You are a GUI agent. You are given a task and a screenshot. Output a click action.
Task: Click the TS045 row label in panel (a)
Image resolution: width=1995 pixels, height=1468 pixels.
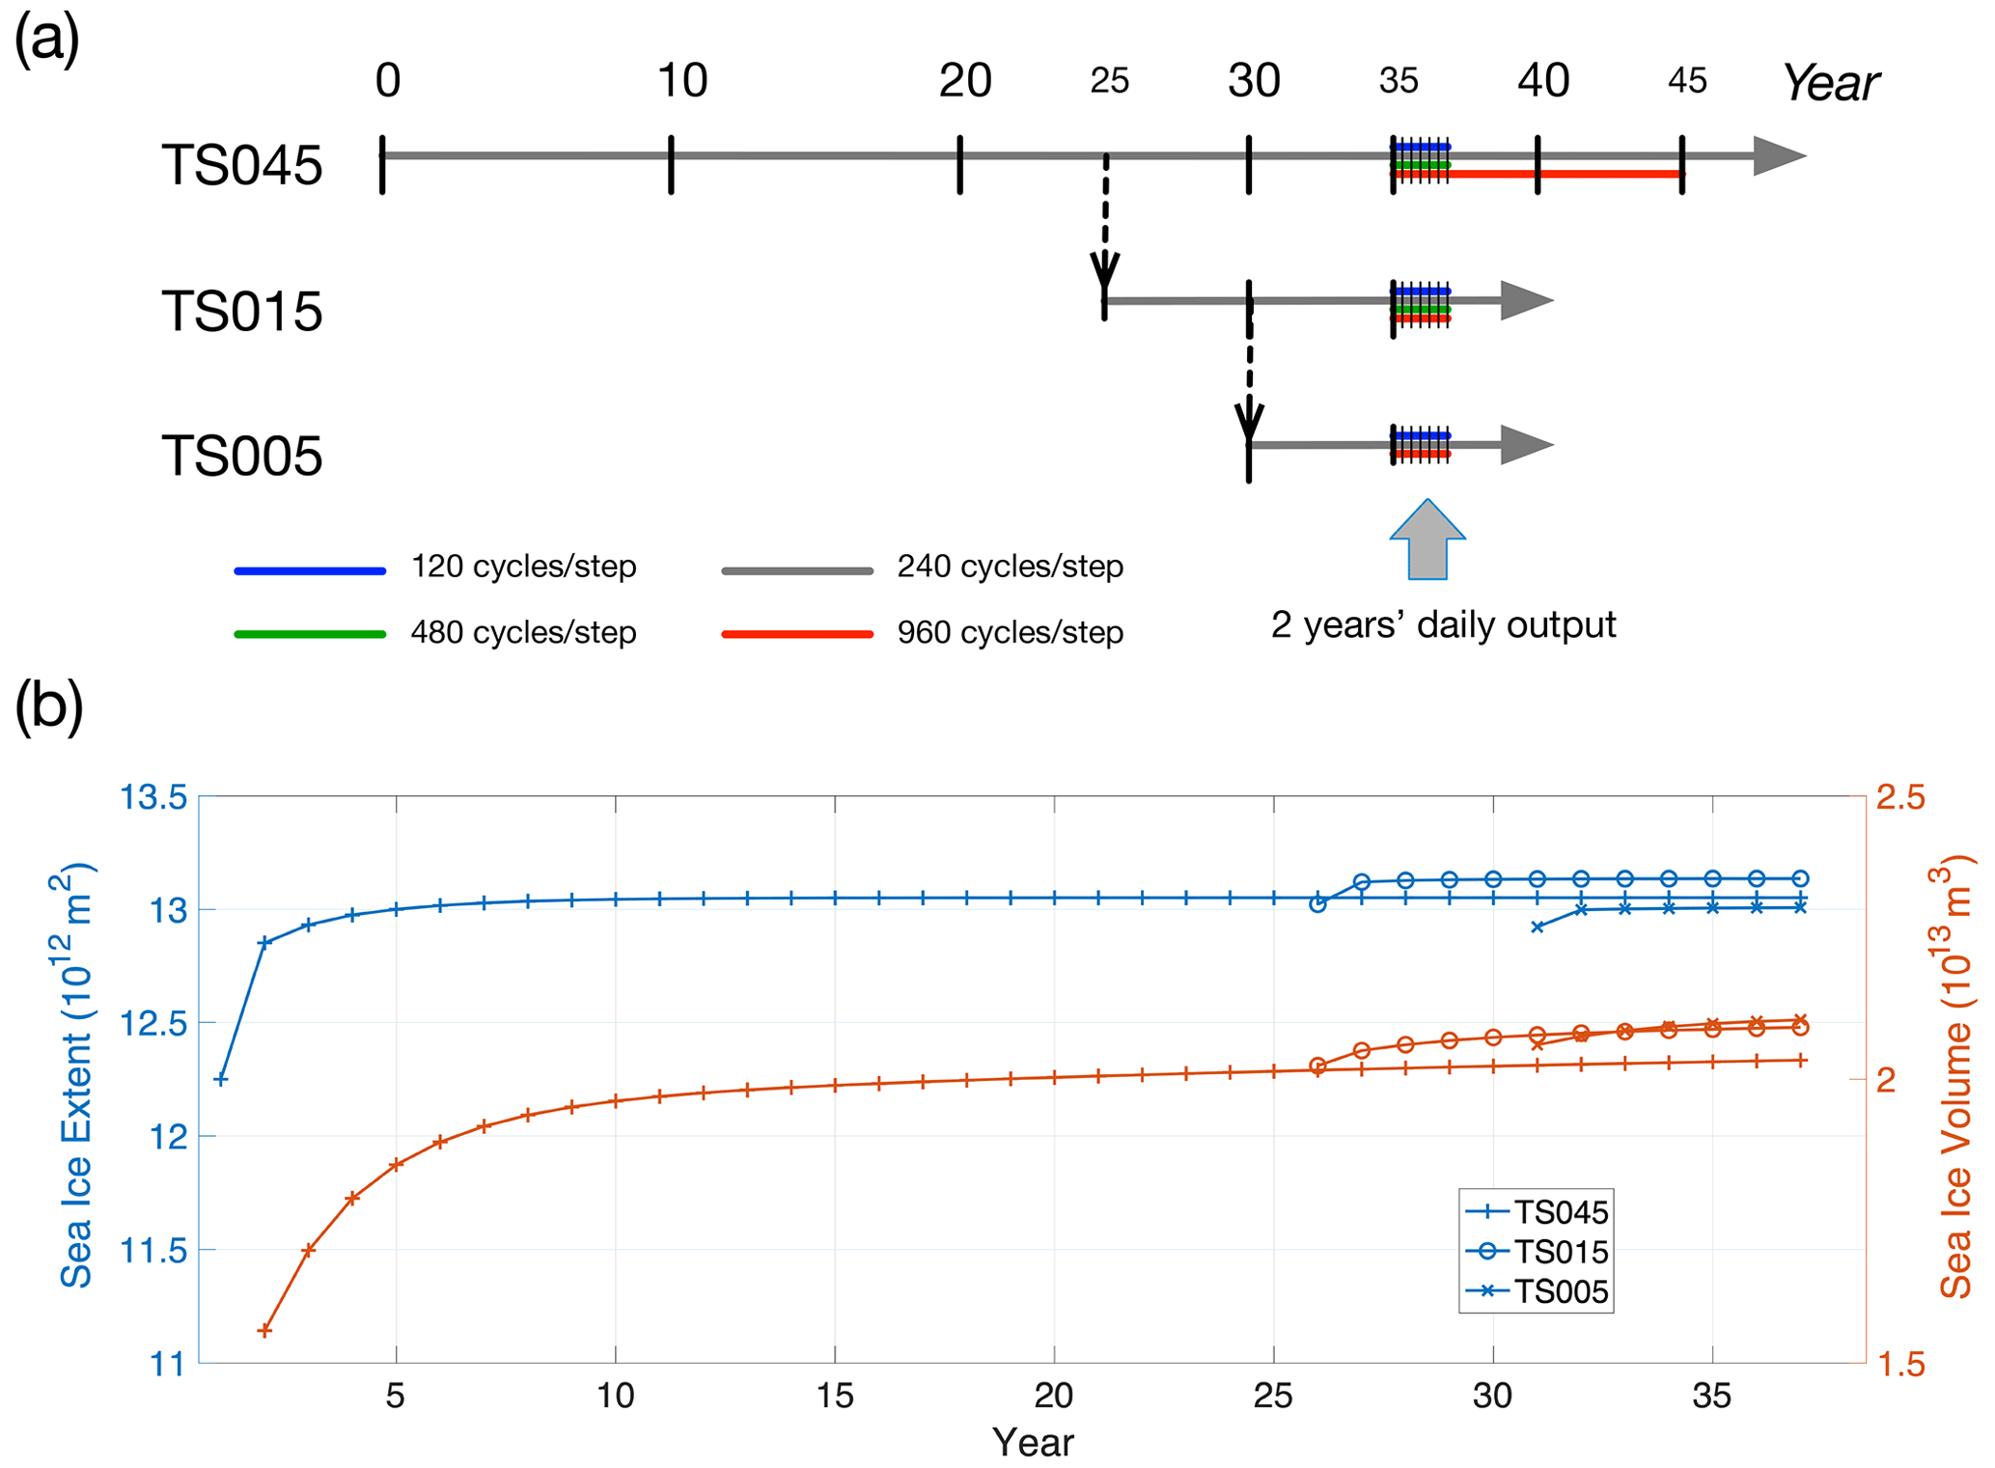point(241,165)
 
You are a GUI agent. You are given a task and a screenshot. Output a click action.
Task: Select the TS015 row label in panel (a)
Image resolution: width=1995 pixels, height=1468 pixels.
point(241,311)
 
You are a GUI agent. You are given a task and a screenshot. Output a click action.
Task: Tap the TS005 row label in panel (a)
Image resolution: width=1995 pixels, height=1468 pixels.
point(241,456)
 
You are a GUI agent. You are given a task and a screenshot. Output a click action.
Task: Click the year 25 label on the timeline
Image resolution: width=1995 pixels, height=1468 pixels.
point(1109,81)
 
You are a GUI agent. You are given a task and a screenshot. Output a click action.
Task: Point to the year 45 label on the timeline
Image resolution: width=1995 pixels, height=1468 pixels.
point(1687,81)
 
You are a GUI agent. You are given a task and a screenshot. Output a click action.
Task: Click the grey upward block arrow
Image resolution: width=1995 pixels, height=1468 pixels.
point(1427,541)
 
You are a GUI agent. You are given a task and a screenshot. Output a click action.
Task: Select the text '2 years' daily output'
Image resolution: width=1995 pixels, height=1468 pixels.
point(1443,624)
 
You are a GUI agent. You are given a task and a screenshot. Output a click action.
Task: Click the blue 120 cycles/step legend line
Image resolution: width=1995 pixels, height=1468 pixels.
point(310,571)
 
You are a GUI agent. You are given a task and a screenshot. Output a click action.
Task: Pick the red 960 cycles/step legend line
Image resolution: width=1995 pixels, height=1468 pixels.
point(797,634)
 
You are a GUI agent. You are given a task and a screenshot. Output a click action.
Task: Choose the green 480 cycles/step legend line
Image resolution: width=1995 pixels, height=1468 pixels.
point(310,634)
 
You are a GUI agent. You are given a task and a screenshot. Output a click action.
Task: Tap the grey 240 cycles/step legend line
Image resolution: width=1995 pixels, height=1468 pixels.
point(797,571)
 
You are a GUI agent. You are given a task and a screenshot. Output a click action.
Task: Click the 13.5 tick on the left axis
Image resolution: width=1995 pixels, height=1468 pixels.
point(152,798)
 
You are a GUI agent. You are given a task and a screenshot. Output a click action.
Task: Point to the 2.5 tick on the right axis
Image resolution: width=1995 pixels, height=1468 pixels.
point(1899,798)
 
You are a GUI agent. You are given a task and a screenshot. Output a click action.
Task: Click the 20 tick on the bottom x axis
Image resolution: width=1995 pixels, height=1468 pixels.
point(1054,1396)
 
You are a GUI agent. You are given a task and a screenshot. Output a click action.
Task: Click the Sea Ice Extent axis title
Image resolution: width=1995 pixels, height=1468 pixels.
point(77,1076)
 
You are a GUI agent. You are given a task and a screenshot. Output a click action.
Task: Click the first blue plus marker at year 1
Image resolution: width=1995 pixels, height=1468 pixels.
point(221,1079)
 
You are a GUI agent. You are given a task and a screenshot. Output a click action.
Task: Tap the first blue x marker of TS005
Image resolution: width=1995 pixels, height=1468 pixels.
point(1538,927)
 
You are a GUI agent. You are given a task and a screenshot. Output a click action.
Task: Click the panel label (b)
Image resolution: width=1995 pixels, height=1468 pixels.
point(48,706)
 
